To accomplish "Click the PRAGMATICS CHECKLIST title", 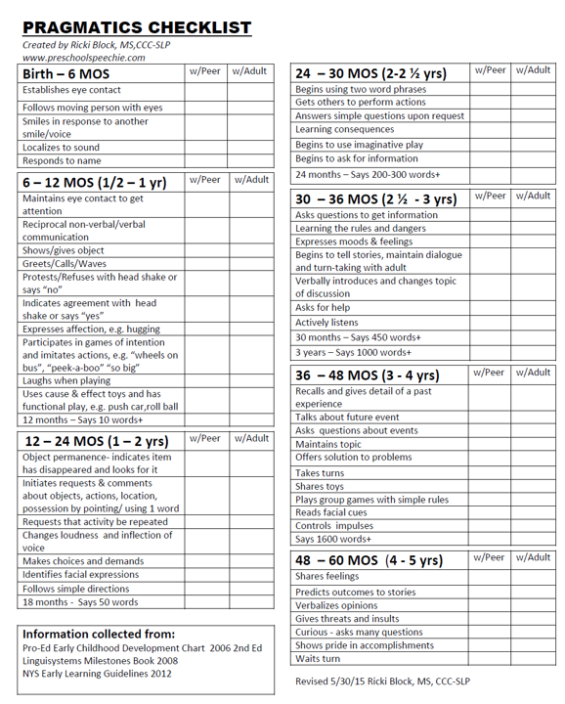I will point(136,28).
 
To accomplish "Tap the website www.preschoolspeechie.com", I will point(83,58).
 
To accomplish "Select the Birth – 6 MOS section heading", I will point(66,74).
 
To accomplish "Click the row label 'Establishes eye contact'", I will point(72,90).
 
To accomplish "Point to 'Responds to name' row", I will point(62,160).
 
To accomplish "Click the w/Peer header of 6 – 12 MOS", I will point(204,180).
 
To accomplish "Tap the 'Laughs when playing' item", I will point(66,380).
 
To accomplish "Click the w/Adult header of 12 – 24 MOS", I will point(250,438).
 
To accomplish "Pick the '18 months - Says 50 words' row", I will point(80,602).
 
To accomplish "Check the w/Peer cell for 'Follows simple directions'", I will point(204,589).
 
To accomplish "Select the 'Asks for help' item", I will point(323,307).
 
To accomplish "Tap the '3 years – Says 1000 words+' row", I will point(354,352).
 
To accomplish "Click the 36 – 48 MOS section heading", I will point(371,375).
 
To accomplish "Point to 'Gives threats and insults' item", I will point(347,619).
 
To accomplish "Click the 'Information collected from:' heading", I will point(99,635).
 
